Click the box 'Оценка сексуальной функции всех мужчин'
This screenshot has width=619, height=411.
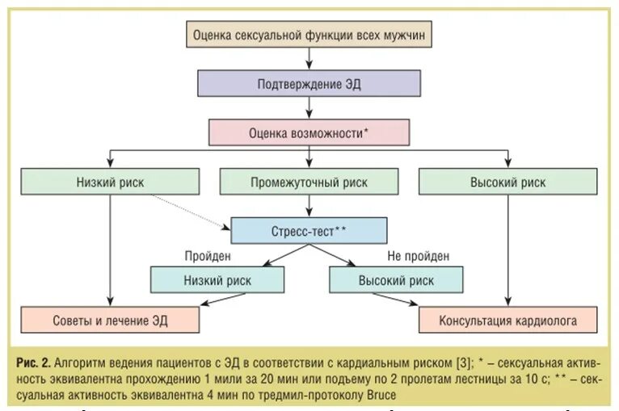coord(309,36)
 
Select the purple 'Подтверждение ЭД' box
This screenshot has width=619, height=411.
coord(309,84)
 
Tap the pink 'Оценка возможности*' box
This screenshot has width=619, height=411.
coord(309,132)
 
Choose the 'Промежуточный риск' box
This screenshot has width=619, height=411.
coord(309,182)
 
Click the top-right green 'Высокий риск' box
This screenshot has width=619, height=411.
coord(507,182)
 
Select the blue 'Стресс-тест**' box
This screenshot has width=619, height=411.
coord(309,230)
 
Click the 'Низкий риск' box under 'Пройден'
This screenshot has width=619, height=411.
coord(217,279)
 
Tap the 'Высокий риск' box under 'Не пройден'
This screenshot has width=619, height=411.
coord(396,279)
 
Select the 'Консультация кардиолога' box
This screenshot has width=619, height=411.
coord(507,320)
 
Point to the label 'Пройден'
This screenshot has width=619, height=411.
coord(208,256)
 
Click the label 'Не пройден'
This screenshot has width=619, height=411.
coord(418,256)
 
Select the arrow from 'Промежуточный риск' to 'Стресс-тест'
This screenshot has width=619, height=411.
coord(309,206)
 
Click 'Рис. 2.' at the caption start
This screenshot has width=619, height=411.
coord(36,360)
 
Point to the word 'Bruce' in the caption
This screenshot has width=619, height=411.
coord(377,396)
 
